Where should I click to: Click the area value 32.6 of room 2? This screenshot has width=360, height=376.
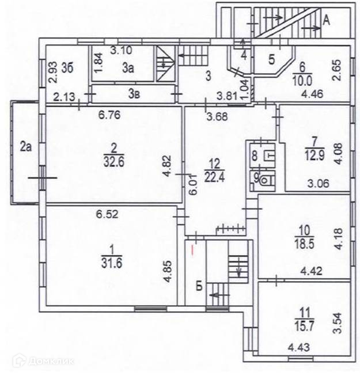(112, 159)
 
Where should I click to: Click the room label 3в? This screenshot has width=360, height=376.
(134, 93)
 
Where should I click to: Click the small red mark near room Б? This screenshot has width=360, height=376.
(192, 249)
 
